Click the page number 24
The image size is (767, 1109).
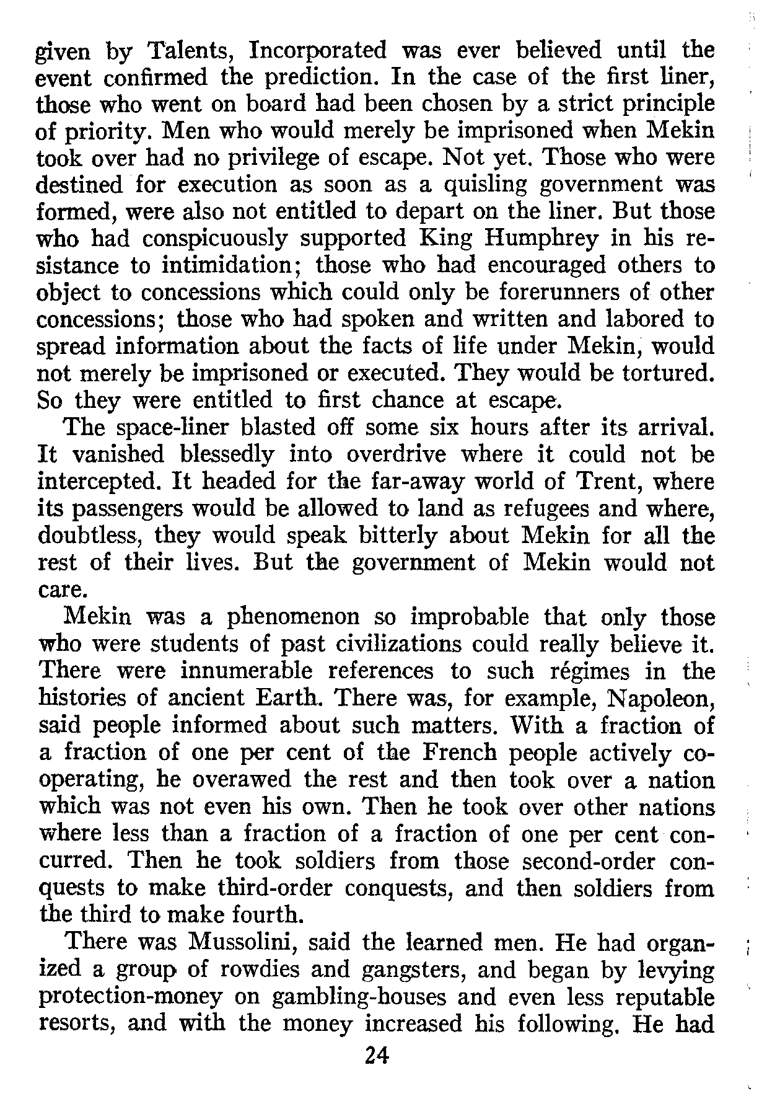(x=376, y=1054)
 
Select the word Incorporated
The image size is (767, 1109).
(x=317, y=50)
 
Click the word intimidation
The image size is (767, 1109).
(x=235, y=265)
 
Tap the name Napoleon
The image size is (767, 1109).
(x=662, y=699)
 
